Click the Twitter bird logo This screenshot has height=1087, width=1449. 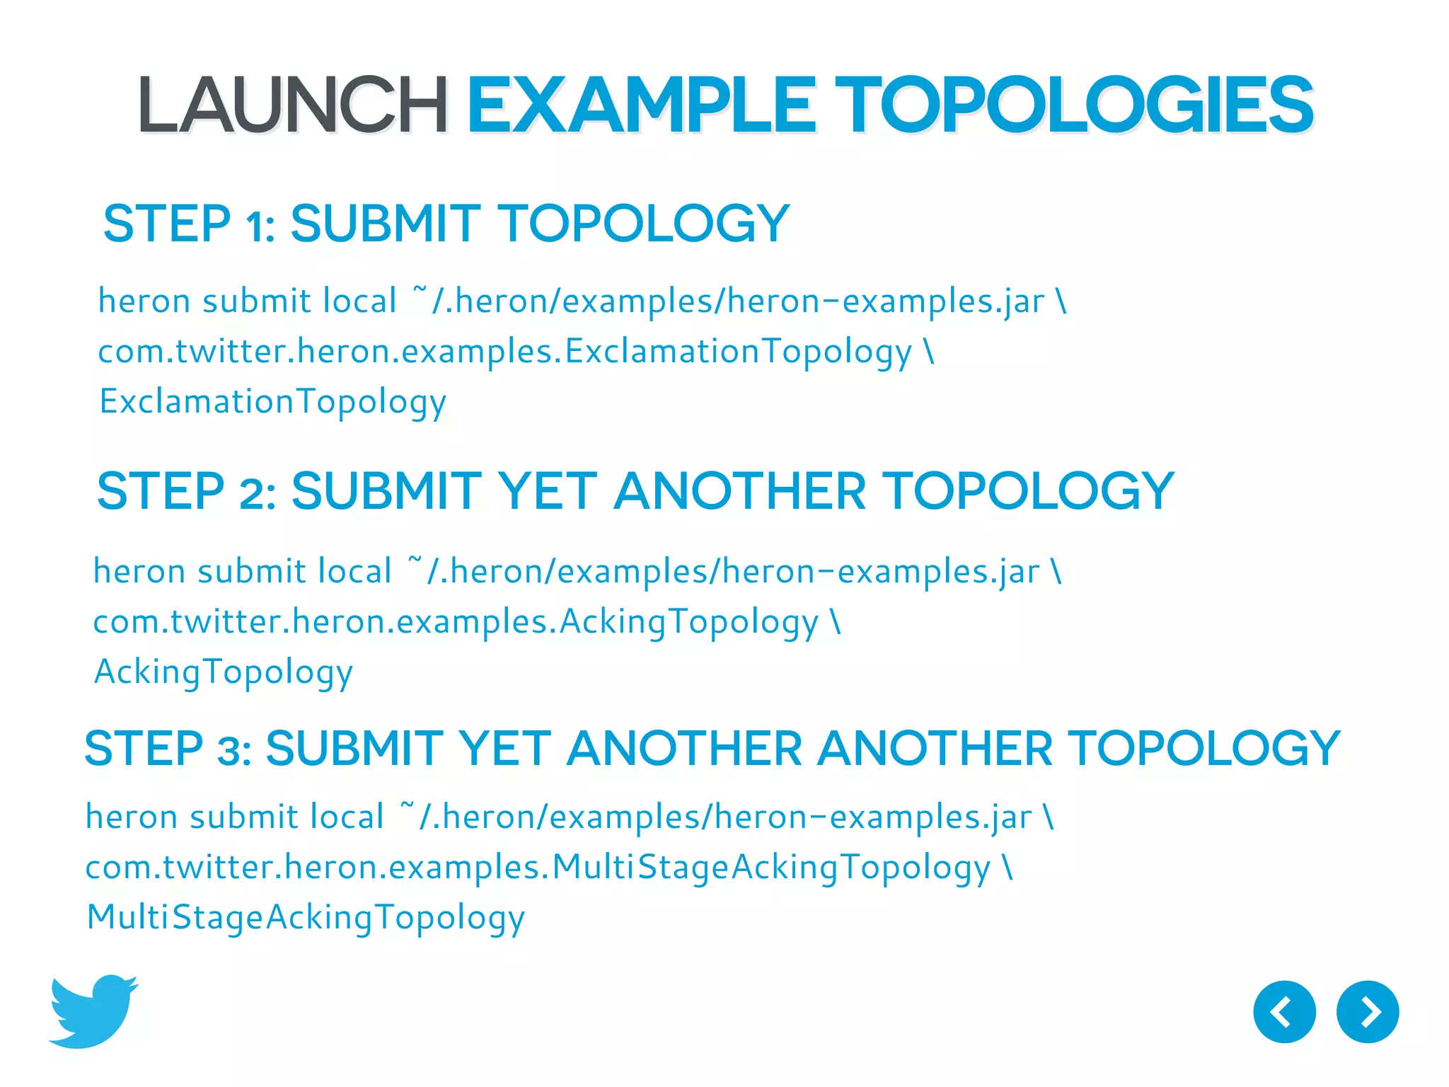[93, 1011]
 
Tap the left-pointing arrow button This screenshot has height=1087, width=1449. [1283, 1011]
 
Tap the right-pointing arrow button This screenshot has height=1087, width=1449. [1367, 1011]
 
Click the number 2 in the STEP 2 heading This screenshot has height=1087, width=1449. [255, 493]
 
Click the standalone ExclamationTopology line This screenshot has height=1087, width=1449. [272, 402]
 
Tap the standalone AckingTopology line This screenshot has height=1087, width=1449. [224, 672]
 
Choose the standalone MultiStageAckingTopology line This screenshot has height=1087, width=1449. [305, 918]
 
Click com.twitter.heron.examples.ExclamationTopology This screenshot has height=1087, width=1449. [505, 352]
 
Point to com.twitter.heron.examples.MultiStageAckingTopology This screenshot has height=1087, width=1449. [538, 868]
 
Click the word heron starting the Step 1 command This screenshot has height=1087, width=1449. [144, 301]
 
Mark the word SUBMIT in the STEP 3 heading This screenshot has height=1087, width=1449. [354, 749]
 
